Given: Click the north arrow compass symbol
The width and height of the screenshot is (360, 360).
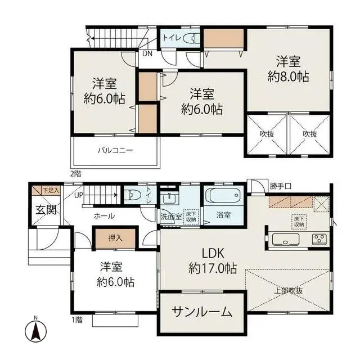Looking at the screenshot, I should coord(35,330).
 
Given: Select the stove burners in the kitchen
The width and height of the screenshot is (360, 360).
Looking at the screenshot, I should coord(319,238).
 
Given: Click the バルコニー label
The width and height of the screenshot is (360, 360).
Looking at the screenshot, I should coord(115,151).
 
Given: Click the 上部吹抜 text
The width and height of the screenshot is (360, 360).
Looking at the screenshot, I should coord(289,290).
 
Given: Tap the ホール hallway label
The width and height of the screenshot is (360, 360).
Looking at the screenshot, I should coord(104,216).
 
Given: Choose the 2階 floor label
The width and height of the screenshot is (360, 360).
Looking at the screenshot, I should coord(75,174).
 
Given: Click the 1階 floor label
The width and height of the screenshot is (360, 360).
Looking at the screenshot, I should coord(75,320).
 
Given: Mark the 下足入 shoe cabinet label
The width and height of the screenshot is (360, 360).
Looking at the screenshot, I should coord(49,190).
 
